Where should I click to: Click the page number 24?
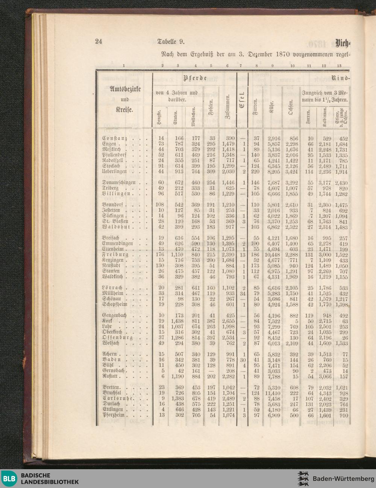99,41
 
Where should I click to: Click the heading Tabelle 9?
171,41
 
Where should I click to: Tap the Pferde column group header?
196,78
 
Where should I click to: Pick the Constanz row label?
115,138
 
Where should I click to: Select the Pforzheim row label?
116,415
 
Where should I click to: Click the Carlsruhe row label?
117,398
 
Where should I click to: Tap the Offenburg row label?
117,338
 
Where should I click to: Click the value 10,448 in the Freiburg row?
273,255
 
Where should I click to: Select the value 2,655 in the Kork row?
228,321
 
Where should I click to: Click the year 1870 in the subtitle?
282,53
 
